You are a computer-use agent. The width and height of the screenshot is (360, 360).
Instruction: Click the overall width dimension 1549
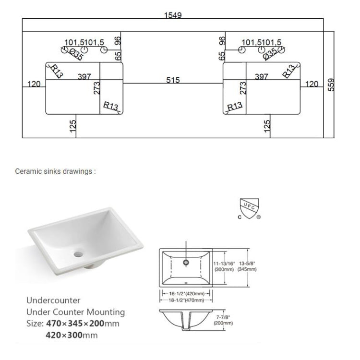point(173,15)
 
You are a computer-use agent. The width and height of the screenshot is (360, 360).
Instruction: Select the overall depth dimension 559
point(331,85)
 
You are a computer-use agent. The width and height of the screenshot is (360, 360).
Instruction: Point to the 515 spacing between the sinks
point(173,80)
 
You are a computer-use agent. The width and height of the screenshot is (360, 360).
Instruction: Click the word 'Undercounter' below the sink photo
point(53,300)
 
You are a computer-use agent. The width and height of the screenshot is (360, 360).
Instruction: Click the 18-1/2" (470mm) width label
point(185,300)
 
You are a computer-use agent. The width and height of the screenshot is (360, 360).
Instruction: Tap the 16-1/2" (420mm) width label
point(185,293)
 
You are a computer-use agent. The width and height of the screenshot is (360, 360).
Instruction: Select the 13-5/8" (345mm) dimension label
point(247,266)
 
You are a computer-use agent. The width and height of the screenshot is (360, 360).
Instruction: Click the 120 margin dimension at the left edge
point(34,84)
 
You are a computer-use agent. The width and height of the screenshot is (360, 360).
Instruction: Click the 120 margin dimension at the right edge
point(312,84)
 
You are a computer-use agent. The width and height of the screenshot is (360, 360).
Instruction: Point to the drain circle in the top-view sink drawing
point(186,262)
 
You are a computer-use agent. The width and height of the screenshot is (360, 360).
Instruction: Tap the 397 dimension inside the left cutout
point(84,76)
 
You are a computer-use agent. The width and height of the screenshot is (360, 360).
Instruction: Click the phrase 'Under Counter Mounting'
point(75,312)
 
